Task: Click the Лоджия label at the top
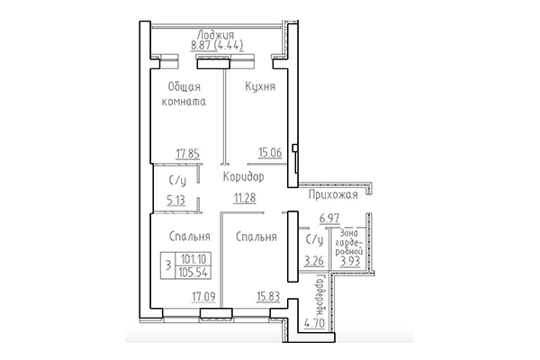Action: (214, 35)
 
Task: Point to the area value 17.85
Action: (186, 153)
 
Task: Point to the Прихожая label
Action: (333, 193)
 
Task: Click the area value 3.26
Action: (312, 262)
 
